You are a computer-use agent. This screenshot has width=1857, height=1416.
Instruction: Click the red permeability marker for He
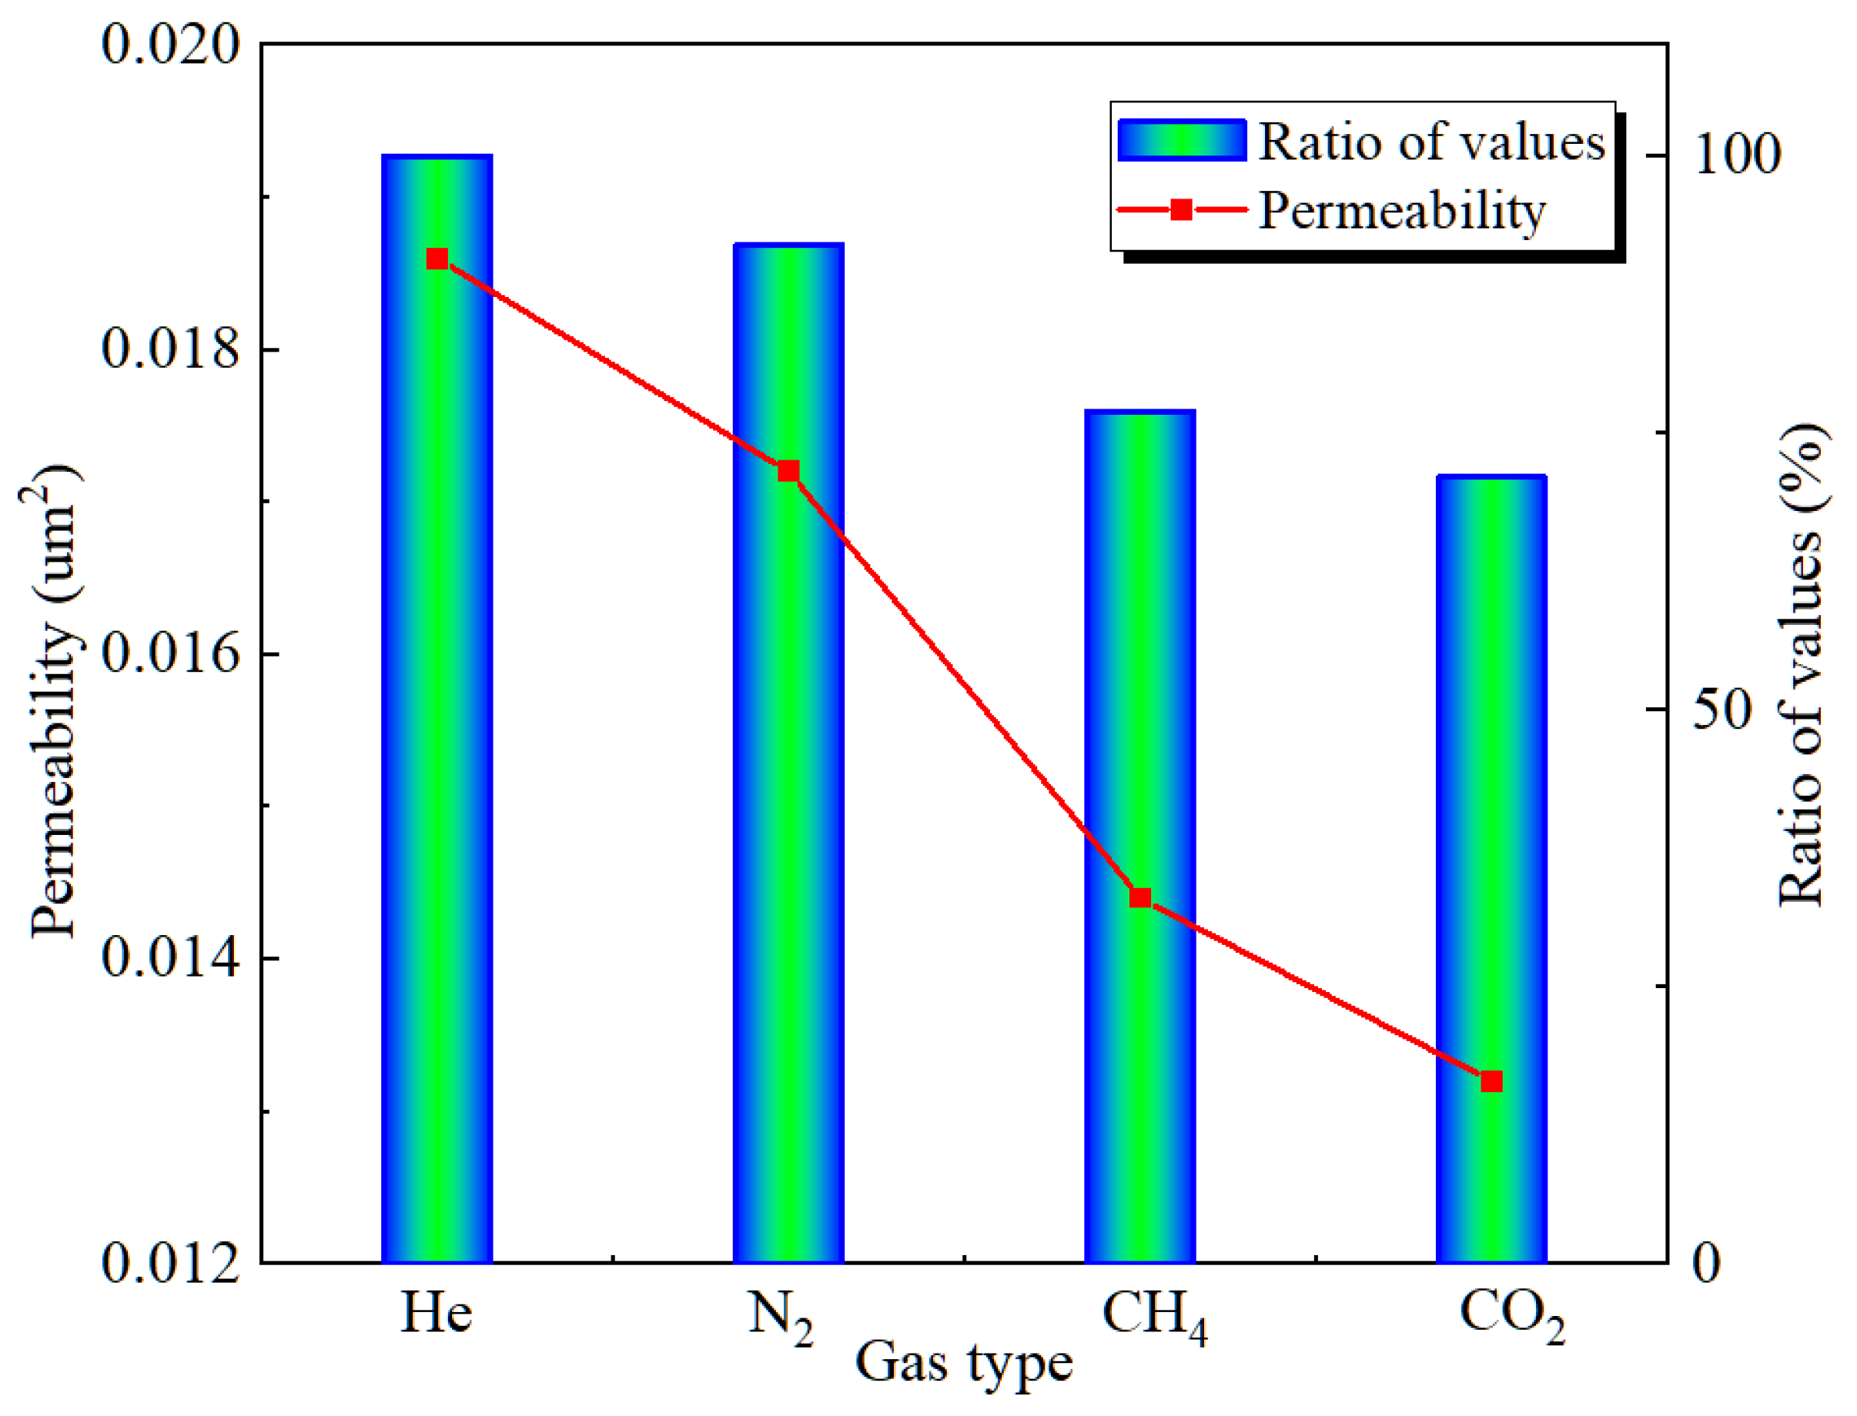coord(437,259)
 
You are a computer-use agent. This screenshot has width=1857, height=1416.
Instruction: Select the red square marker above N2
coord(788,471)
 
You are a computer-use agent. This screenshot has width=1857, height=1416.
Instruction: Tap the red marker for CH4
coord(1140,897)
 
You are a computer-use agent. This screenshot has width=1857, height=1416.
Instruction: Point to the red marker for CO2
coord(1492,1081)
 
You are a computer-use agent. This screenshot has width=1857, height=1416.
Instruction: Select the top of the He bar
coord(437,158)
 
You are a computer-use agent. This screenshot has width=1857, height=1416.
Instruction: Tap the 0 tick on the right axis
coord(1706,1264)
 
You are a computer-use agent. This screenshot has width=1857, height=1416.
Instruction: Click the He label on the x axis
coord(435,1312)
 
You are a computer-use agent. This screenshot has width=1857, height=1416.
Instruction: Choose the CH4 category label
coord(1153,1317)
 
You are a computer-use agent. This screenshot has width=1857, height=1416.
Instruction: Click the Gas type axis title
coord(964,1364)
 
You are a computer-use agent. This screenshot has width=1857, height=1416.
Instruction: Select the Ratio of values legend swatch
coord(1182,141)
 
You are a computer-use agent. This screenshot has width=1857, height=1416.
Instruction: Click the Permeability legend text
coord(1403,210)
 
